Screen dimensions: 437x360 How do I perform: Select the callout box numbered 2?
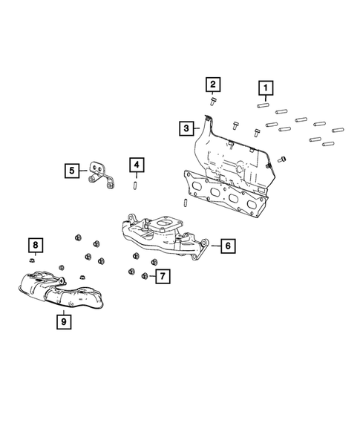pyautogui.click(x=212, y=84)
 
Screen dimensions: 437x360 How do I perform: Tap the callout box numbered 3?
pyautogui.click(x=185, y=128)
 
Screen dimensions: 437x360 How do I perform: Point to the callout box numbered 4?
pyautogui.click(x=135, y=164)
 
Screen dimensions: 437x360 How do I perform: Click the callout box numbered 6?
pyautogui.click(x=228, y=245)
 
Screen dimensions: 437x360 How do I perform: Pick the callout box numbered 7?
pyautogui.click(x=160, y=277)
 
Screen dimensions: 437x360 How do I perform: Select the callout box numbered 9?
pyautogui.click(x=64, y=321)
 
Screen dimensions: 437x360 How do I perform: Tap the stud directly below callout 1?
pyautogui.click(x=264, y=105)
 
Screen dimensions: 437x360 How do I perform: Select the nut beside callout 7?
pyautogui.click(x=145, y=277)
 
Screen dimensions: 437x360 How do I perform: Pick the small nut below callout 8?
pyautogui.click(x=33, y=260)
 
